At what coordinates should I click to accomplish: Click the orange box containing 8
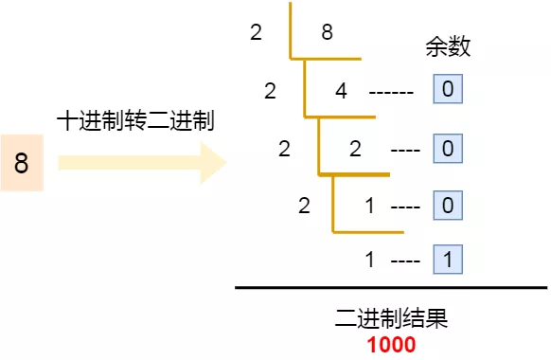point(22,163)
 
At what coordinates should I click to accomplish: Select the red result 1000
point(391,345)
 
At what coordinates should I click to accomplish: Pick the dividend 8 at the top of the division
point(327,33)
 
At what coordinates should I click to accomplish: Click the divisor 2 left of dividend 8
point(256,33)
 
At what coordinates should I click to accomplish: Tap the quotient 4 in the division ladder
point(342,91)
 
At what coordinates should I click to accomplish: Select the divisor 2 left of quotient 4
point(271,91)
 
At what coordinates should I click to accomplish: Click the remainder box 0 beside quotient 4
point(447,91)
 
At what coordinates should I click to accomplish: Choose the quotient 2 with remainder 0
point(355,149)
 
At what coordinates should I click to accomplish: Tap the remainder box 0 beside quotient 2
point(447,149)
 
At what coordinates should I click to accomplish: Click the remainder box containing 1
point(447,259)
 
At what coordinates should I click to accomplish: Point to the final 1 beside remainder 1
point(369,259)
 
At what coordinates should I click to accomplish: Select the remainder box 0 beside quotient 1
point(447,205)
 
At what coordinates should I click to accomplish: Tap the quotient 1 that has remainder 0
point(369,205)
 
